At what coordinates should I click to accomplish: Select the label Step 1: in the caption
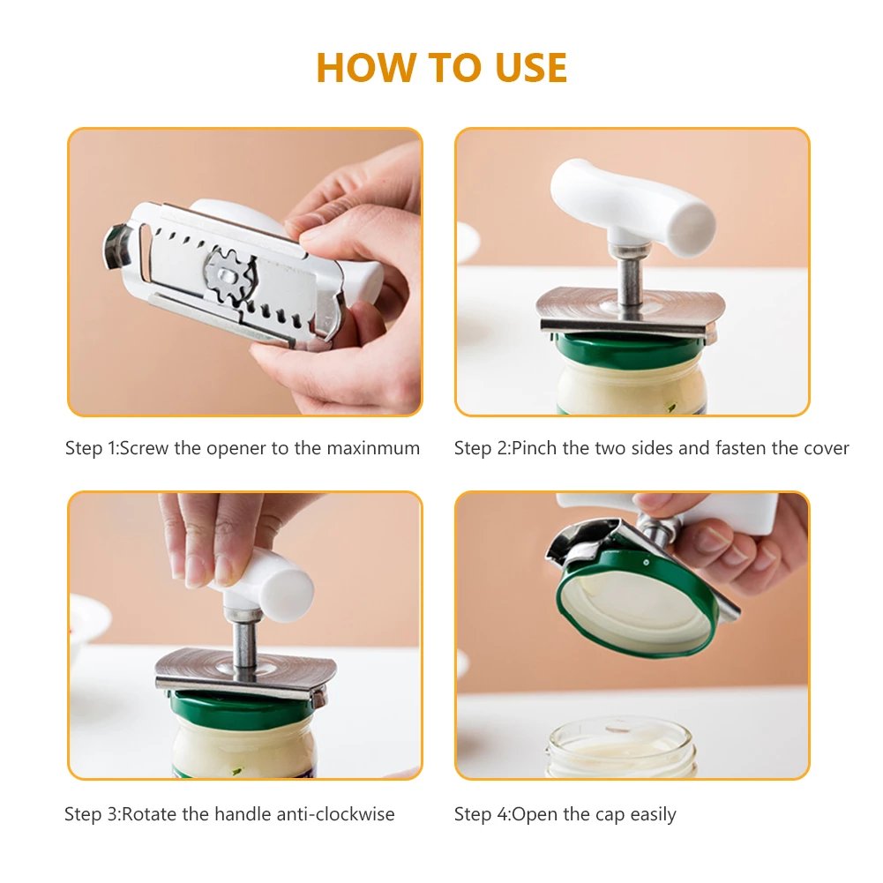(x=92, y=448)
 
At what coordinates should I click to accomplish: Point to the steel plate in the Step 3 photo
(x=247, y=669)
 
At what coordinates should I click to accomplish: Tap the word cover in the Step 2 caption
(x=826, y=448)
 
